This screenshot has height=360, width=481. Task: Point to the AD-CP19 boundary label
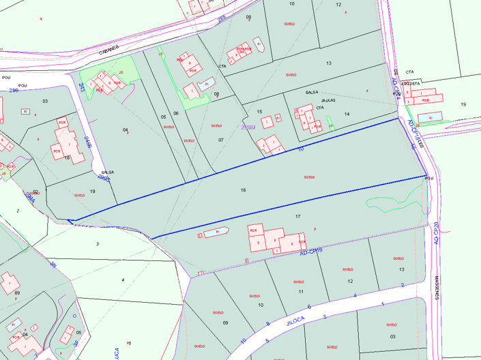(311, 253)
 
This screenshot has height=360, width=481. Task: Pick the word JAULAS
(328, 100)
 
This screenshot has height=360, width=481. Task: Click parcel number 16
(243, 190)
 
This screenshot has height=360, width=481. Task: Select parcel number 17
(297, 216)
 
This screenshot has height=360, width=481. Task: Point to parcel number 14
(347, 114)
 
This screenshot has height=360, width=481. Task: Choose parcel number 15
(259, 111)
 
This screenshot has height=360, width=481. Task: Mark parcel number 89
(17, 293)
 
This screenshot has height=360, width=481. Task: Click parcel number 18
(67, 157)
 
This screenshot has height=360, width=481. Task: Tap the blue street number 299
(15, 91)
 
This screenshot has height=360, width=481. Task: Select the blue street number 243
(81, 87)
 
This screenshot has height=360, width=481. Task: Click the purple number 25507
(249, 127)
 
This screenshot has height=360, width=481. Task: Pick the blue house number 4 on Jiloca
(355, 295)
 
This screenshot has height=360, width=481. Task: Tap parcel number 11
(301, 291)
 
